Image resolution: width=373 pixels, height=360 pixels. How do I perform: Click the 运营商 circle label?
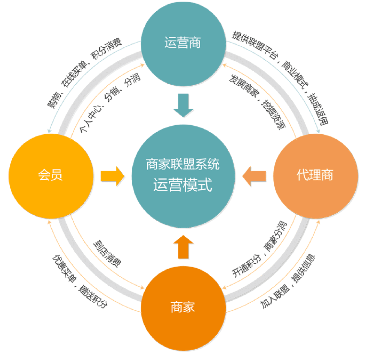click(183, 43)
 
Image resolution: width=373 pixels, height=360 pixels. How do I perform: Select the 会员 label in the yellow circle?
click(50, 175)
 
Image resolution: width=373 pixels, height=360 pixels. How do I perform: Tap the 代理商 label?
click(315, 175)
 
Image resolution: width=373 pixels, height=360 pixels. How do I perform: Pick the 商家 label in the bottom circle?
click(183, 307)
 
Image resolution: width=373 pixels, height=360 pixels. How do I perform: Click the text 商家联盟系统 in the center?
click(183, 164)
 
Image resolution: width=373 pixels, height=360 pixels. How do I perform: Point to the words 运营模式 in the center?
click(183, 185)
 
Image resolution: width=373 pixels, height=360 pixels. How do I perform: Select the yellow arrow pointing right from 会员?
click(112, 176)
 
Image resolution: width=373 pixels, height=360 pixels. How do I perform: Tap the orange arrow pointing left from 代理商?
click(255, 176)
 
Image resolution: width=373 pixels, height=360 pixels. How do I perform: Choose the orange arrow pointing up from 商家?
click(184, 247)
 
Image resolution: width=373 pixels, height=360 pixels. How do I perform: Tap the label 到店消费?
click(107, 253)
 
